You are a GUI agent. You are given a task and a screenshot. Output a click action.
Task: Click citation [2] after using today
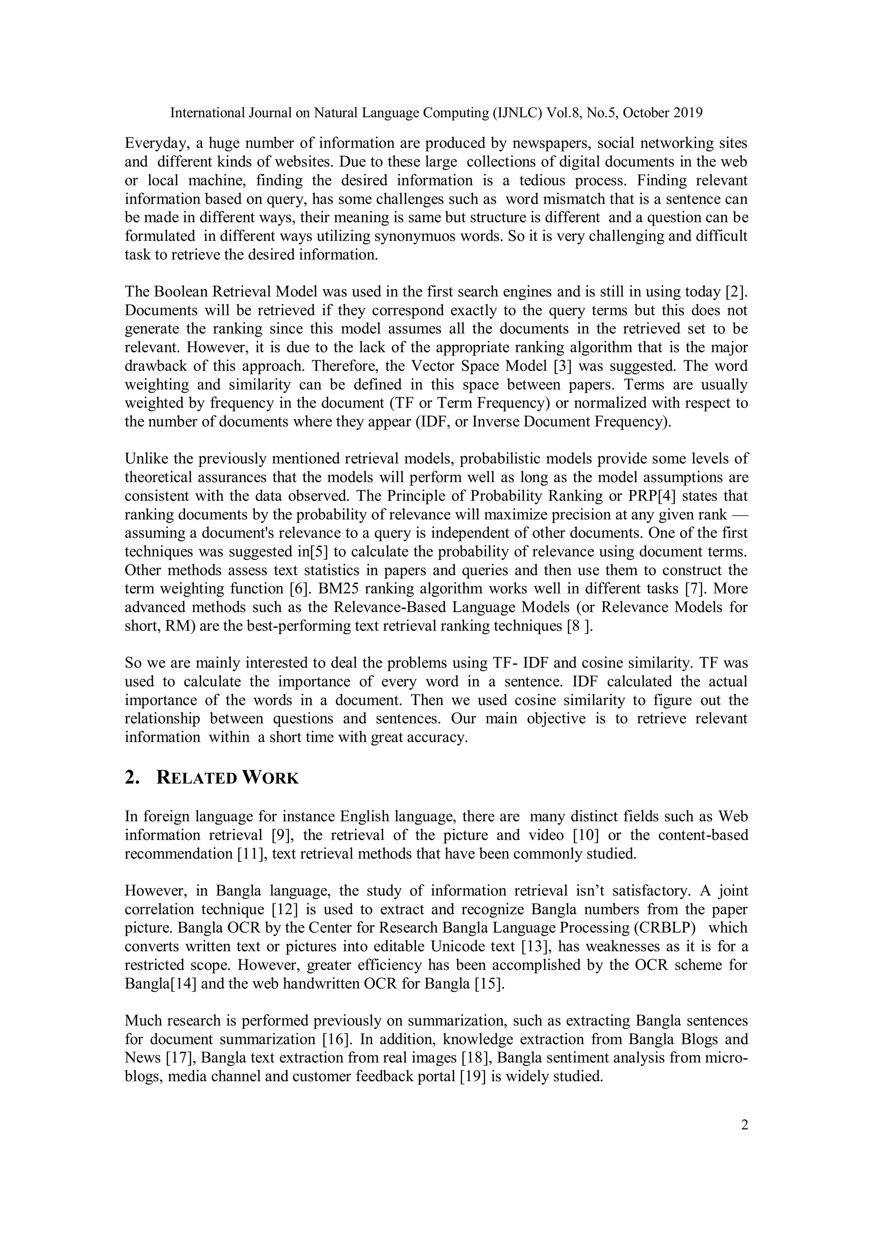[x=736, y=292]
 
